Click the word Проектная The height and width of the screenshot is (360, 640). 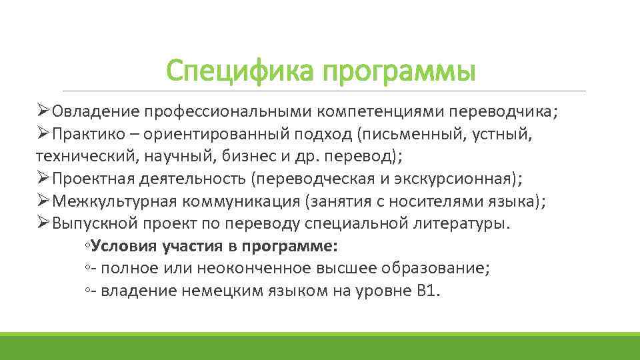click(93, 179)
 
